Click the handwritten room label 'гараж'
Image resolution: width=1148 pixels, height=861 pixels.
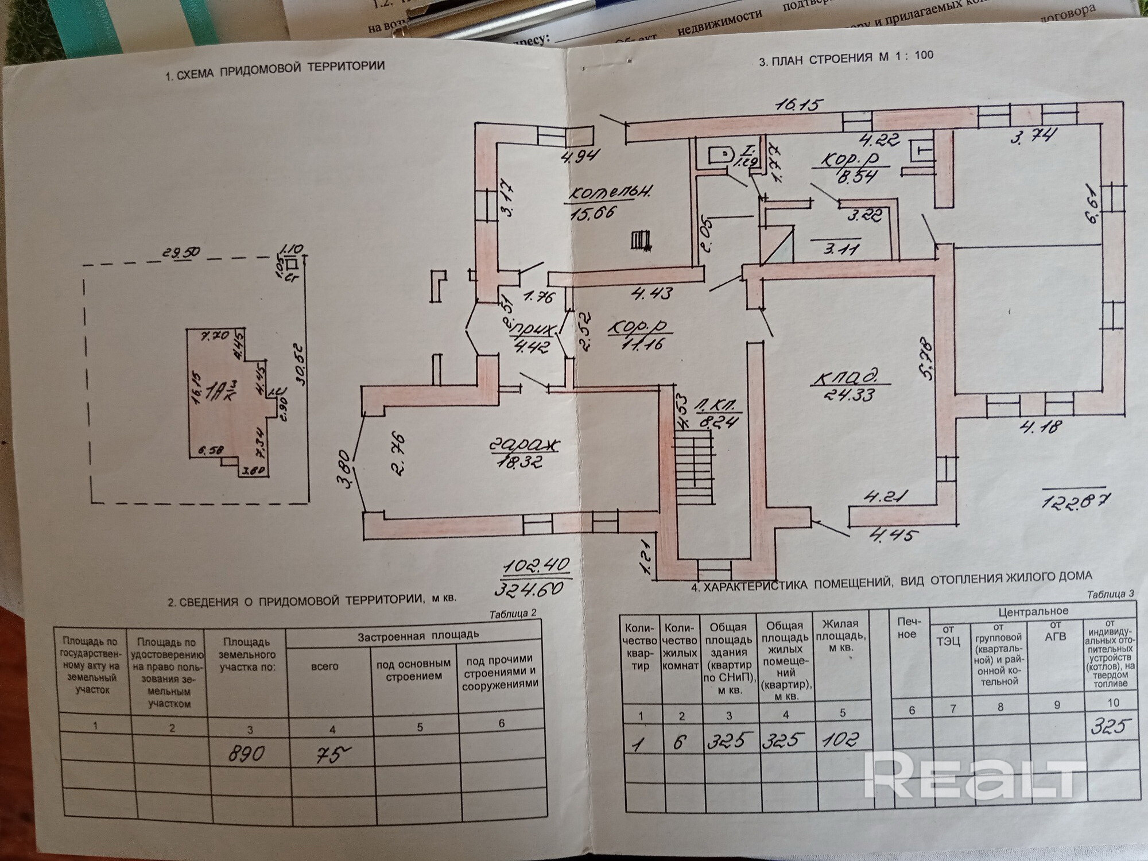pyautogui.click(x=525, y=445)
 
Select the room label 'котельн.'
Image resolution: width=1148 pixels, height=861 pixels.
pyautogui.click(x=610, y=193)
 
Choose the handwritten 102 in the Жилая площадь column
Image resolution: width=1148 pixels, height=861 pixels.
pyautogui.click(x=840, y=739)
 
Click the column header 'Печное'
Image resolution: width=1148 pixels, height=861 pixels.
pyautogui.click(x=906, y=628)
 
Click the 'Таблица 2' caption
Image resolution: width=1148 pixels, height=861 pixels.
pyautogui.click(x=513, y=613)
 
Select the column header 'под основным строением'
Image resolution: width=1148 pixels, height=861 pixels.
pyautogui.click(x=412, y=670)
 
